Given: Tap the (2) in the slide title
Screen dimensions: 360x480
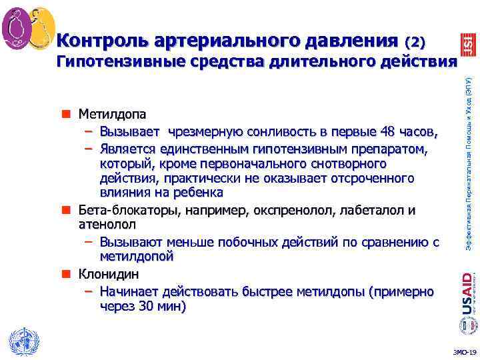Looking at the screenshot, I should pos(414,42).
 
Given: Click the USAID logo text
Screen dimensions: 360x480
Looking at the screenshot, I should pos(469,293).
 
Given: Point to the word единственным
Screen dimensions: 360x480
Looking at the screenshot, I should pos(198,147).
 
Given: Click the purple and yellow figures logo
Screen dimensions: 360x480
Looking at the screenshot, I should pos(27,27).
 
